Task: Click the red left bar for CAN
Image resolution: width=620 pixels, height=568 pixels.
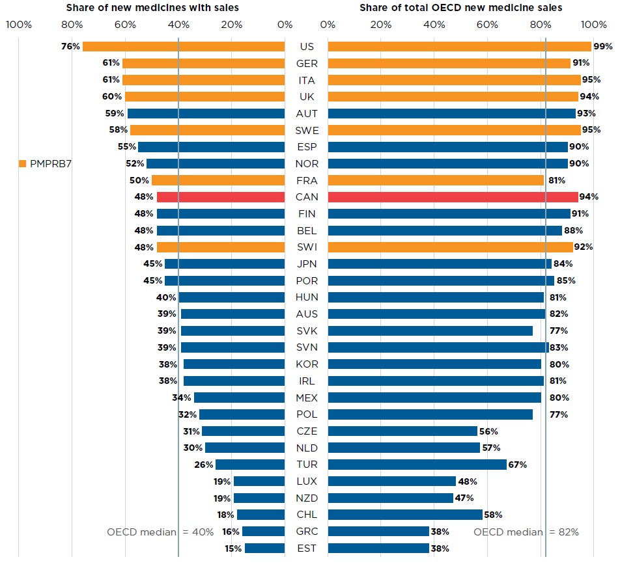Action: pos(221,197)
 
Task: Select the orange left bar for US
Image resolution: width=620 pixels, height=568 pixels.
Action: pos(184,46)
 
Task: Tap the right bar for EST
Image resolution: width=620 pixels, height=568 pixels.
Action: pos(378,548)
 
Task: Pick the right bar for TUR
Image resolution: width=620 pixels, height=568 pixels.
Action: pos(417,465)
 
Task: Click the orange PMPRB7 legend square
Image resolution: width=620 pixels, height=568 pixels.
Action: pos(23,163)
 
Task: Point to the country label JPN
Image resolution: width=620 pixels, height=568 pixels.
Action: pos(307,264)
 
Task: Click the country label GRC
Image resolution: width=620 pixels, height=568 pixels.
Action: pos(307,532)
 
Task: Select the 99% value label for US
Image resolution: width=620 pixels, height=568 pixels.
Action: pos(603,46)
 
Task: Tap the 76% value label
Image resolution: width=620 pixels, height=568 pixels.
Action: pos(70,46)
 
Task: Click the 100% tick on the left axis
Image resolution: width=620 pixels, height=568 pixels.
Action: pos(18,25)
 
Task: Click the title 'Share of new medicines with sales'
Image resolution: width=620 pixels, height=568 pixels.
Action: pos(152,8)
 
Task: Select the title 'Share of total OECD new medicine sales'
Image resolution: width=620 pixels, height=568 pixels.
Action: pos(461,8)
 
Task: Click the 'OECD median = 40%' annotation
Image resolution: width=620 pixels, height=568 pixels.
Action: pos(160,532)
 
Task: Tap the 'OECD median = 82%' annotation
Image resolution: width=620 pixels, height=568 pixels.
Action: pos(526,532)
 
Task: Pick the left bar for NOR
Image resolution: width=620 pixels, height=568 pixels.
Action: pos(216,163)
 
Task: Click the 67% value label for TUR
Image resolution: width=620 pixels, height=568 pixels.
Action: pos(517,465)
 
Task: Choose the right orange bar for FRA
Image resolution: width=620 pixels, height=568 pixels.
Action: pos(436,180)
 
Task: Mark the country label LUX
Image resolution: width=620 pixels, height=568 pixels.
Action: pos(307,481)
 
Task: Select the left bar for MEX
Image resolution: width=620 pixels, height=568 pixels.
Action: pos(239,398)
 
